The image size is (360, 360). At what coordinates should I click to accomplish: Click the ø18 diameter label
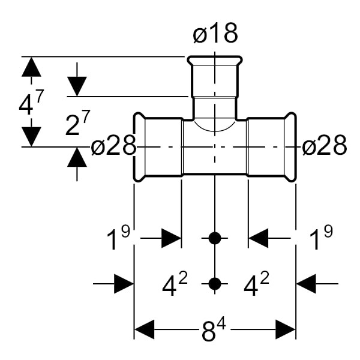tap(215, 34)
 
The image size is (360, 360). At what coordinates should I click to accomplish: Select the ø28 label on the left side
tap(113, 146)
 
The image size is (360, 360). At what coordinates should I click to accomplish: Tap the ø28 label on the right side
tap(325, 146)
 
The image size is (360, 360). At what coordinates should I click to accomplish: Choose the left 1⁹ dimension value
tap(118, 239)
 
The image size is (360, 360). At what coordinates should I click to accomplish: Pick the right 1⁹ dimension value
tap(320, 239)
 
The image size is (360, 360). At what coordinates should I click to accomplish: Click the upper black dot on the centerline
tap(215, 238)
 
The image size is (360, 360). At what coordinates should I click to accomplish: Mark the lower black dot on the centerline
tap(215, 283)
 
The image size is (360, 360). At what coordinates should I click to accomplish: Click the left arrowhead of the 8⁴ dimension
tap(145, 329)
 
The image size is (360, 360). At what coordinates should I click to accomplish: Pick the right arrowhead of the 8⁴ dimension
tap(285, 329)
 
